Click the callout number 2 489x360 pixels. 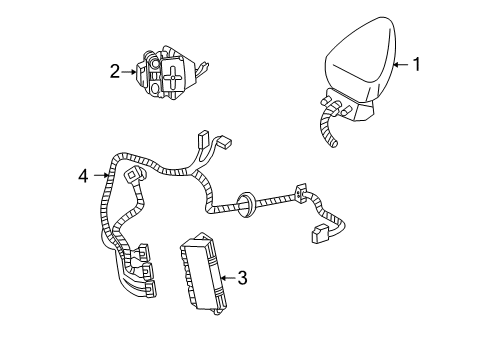[x=116, y=71]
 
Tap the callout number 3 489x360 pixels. [x=243, y=279]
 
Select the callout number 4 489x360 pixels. [x=84, y=177]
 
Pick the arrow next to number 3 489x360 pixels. [x=227, y=279]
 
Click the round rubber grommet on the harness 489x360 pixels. [x=244, y=202]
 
